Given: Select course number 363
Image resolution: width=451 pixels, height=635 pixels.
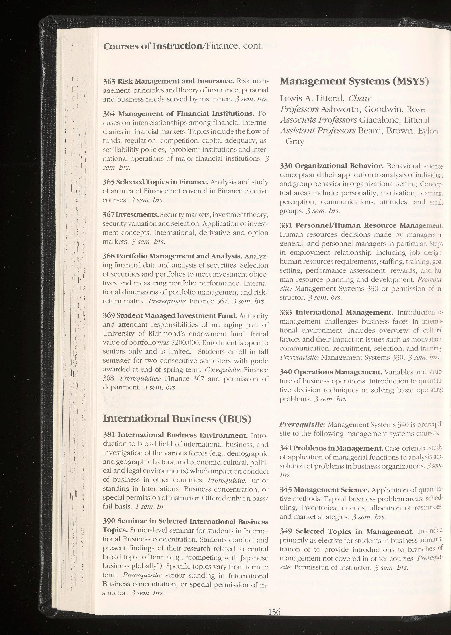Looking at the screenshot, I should (x=109, y=81).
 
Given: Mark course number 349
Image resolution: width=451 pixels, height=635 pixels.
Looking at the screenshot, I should (x=286, y=531).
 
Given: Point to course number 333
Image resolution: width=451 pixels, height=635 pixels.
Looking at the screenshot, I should (x=286, y=313).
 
